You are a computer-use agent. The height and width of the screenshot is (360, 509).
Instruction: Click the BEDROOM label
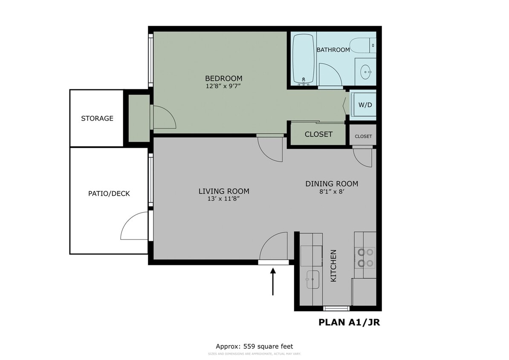click(223, 78)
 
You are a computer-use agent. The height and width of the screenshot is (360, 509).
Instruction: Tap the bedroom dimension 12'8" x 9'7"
click(223, 86)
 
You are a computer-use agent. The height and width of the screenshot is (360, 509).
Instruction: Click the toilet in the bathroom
click(362, 44)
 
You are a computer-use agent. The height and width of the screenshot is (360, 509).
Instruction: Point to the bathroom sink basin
click(365, 71)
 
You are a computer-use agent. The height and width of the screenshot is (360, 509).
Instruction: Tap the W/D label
click(364, 105)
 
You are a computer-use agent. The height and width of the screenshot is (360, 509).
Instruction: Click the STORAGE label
click(97, 119)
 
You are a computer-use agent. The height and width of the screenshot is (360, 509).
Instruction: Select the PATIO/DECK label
click(109, 194)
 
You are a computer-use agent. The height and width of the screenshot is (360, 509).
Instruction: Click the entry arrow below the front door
click(273, 281)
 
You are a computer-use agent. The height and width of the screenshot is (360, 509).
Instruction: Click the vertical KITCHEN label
click(334, 265)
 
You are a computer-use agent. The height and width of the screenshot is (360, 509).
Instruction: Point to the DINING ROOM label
click(332, 184)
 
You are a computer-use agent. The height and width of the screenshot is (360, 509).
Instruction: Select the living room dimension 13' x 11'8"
click(224, 199)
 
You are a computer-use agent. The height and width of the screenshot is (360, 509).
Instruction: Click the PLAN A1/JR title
click(349, 322)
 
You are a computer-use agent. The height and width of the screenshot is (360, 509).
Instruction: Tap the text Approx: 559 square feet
click(254, 346)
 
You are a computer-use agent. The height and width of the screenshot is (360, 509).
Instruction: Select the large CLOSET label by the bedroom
click(318, 134)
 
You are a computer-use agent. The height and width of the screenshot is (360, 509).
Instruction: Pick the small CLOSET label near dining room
click(363, 136)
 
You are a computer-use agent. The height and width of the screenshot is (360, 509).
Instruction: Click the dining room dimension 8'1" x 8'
click(331, 192)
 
